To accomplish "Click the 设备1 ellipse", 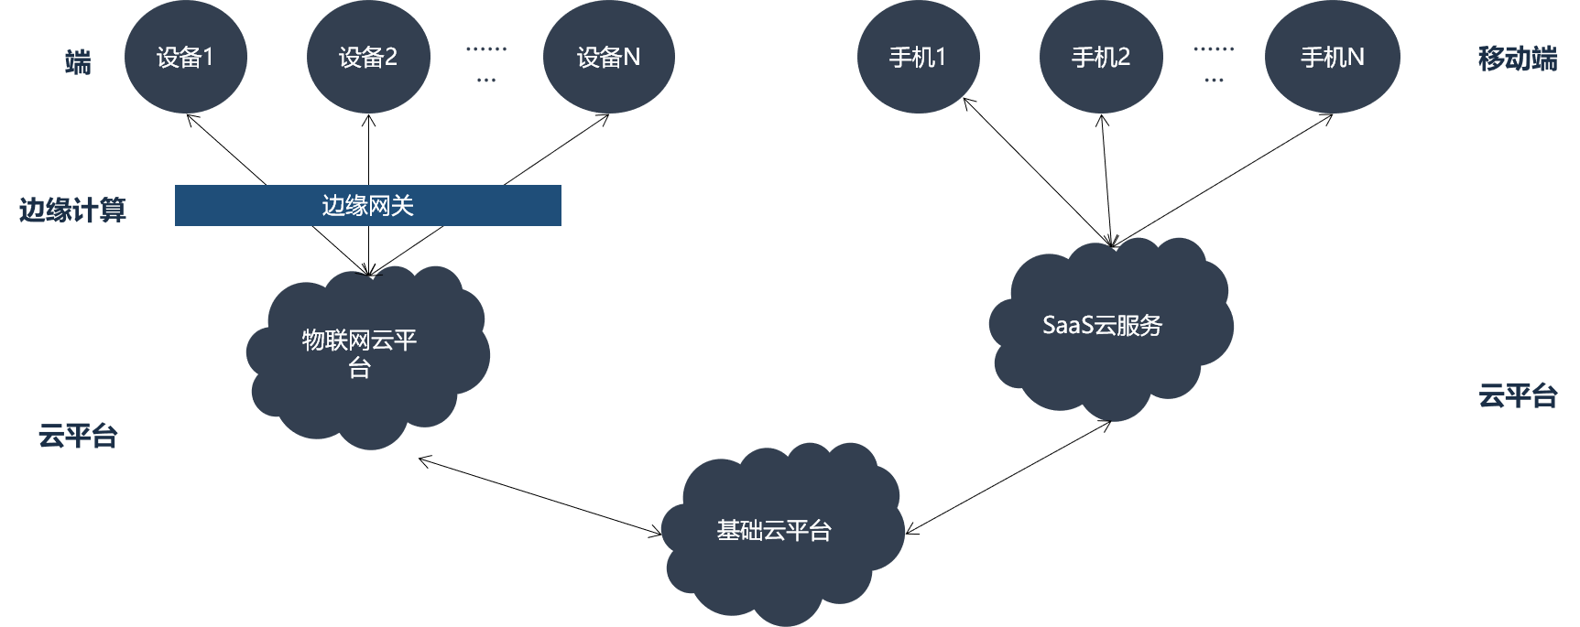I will pyautogui.click(x=185, y=58).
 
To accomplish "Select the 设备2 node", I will pyautogui.click(x=368, y=58).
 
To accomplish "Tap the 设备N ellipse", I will pyautogui.click(x=608, y=58).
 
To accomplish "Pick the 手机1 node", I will pyautogui.click(x=918, y=58).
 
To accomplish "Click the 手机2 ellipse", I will pyautogui.click(x=1101, y=58).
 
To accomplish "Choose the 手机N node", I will pyautogui.click(x=1332, y=58).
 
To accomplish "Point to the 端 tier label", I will pyautogui.click(x=78, y=62).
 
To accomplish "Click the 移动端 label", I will pyautogui.click(x=1518, y=59).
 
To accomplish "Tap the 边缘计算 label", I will pyautogui.click(x=72, y=211).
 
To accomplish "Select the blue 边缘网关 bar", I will pyautogui.click(x=367, y=205).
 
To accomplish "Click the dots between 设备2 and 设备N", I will pyautogui.click(x=486, y=64).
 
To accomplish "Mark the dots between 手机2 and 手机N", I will pyautogui.click(x=1214, y=64).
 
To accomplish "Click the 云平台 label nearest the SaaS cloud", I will pyautogui.click(x=1518, y=395).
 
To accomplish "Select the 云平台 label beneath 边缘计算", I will pyautogui.click(x=78, y=436).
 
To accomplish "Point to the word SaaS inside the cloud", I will pyautogui.click(x=1068, y=325).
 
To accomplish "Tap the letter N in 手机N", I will pyautogui.click(x=1355, y=58).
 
